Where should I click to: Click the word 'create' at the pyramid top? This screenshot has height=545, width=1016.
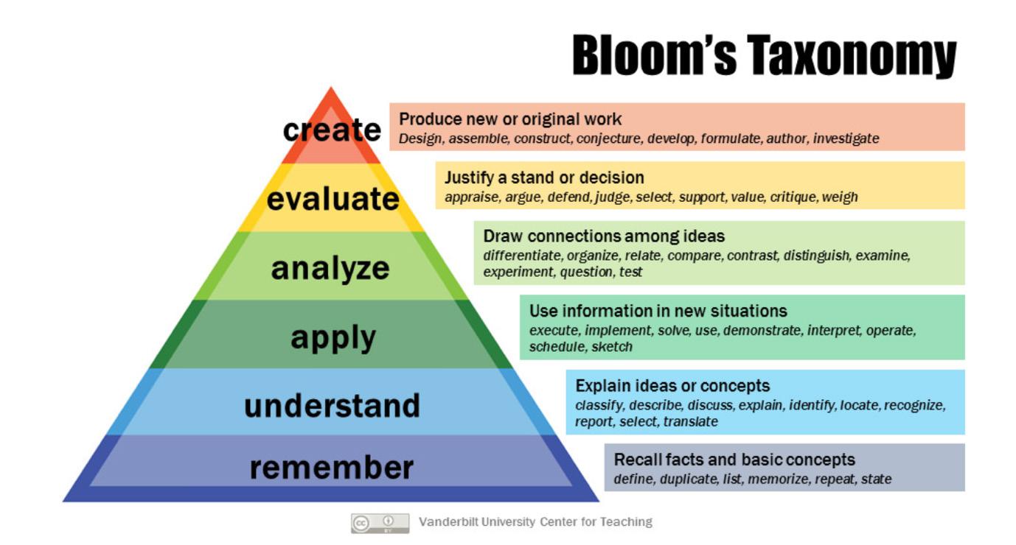(332, 130)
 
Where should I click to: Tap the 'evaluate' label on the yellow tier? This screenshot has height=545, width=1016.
(333, 199)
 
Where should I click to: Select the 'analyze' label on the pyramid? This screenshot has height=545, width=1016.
(330, 268)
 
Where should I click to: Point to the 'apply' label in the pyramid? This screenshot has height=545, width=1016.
(333, 338)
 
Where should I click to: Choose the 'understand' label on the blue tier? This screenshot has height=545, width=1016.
(332, 406)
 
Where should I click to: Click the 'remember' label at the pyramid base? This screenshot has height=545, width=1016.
(332, 468)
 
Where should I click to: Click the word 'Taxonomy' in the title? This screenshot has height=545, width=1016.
(852, 56)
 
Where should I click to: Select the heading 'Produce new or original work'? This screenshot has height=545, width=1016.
(510, 119)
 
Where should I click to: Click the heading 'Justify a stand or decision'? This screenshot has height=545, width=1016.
(544, 177)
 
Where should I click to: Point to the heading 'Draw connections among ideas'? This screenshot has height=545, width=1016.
(604, 236)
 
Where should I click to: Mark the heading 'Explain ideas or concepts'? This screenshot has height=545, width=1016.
(672, 386)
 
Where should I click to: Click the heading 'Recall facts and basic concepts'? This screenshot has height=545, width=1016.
(734, 460)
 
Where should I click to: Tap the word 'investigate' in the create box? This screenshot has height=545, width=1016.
(846, 138)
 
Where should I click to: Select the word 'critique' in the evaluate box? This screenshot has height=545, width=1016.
(794, 197)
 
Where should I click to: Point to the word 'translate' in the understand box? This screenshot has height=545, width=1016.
(690, 422)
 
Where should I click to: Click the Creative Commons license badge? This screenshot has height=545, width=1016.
(380, 523)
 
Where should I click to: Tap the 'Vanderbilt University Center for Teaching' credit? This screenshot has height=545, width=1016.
(535, 522)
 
